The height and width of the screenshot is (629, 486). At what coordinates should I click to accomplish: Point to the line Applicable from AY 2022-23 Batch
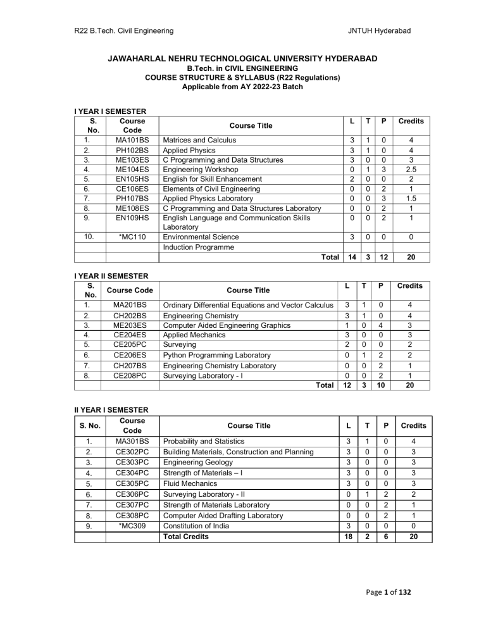(242, 85)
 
